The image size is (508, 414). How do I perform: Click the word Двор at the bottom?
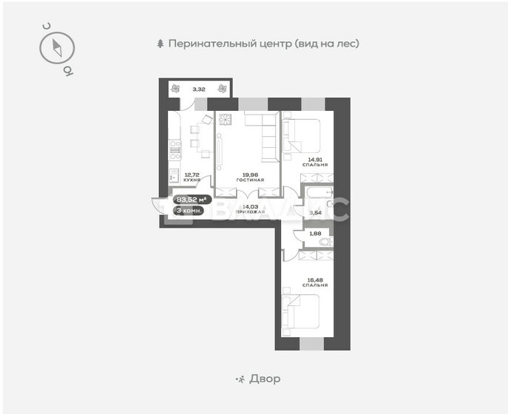tap(264, 379)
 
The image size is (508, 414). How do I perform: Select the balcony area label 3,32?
tap(198, 89)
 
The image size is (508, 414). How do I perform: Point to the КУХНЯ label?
tap(192, 177)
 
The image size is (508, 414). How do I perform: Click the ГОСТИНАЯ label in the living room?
tap(246, 177)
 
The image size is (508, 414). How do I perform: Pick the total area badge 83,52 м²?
tap(192, 199)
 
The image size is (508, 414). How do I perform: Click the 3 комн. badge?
tap(189, 210)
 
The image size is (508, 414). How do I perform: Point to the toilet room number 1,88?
tap(315, 235)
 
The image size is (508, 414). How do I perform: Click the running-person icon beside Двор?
tap(239, 379)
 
